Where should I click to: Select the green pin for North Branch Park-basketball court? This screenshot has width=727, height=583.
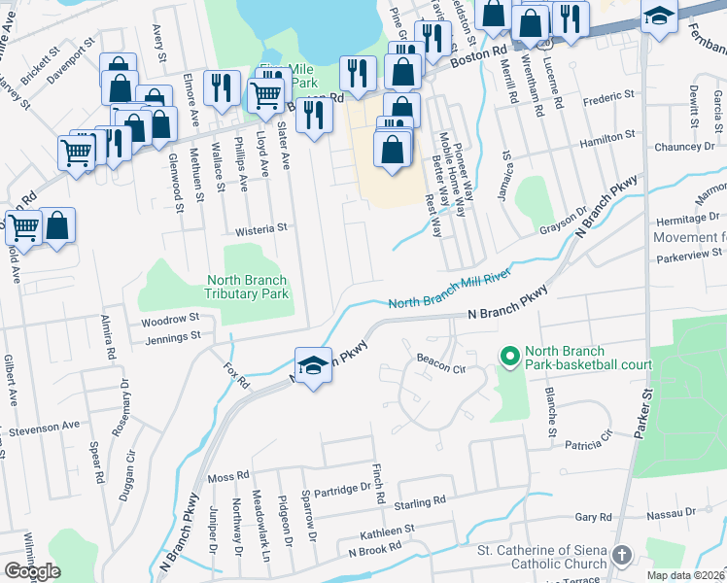[506, 358]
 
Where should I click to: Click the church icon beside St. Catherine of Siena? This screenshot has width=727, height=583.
[622, 554]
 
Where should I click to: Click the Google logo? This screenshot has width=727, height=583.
[32, 571]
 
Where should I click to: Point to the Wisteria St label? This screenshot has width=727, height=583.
[262, 229]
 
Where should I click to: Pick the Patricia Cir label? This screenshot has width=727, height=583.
[588, 444]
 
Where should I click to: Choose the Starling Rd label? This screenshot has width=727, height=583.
[419, 501]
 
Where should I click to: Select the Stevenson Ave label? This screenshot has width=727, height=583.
[44, 427]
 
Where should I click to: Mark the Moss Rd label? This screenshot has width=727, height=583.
[228, 478]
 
